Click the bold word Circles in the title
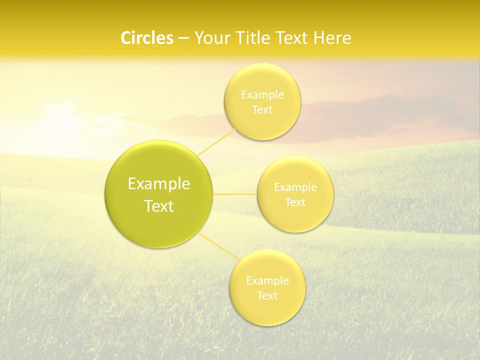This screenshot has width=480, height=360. coord(146,38)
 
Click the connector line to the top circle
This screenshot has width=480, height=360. coord(216,142)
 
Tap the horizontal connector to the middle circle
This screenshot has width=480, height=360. coord(235,194)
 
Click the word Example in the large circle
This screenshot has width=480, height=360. coord(159,184)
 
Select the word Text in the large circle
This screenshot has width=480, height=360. coord(159,206)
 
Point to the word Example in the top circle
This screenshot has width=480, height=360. coord(262,94)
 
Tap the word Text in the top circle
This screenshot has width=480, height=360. coord(262,109)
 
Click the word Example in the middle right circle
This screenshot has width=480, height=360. coord(295,187)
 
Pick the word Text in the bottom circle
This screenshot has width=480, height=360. coord(267,295)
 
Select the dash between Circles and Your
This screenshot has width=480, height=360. coord(183,38)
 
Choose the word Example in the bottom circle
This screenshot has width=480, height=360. coord(267,280)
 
